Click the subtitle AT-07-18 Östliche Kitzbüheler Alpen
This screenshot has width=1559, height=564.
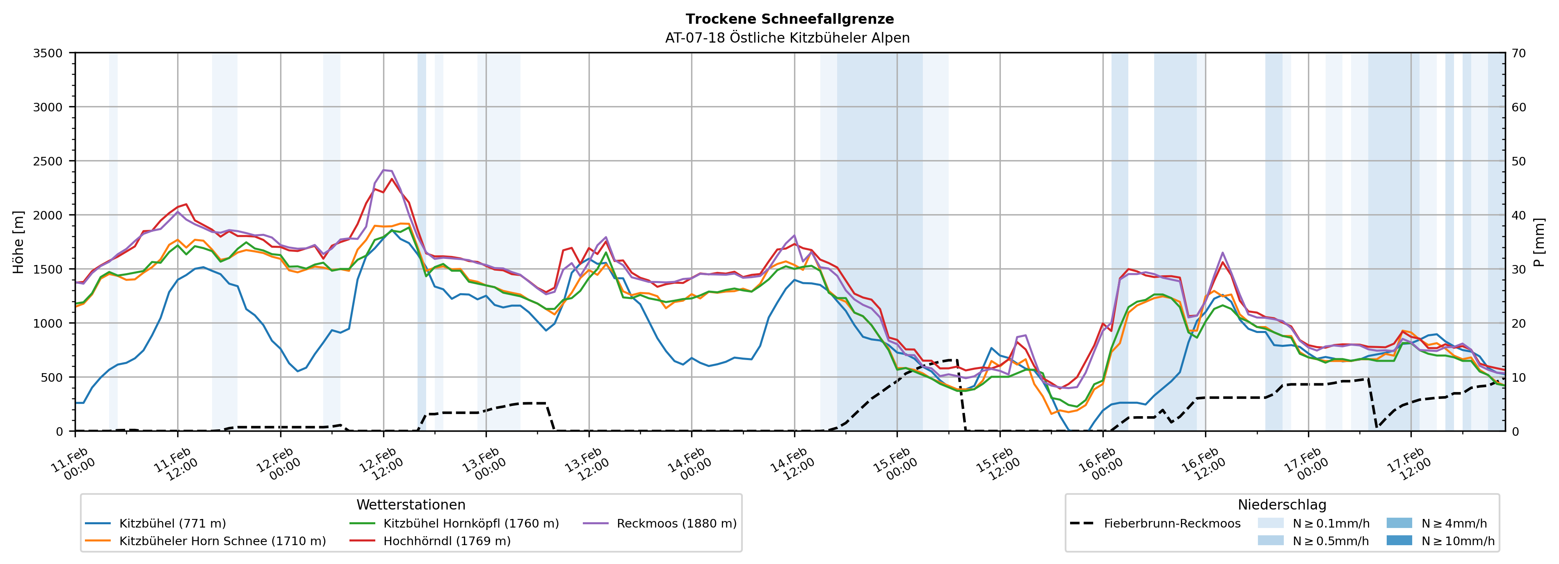click(787, 38)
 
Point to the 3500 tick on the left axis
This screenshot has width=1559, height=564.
click(48, 53)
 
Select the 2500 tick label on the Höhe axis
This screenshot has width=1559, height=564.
click(48, 161)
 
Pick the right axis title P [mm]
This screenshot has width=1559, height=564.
click(1539, 242)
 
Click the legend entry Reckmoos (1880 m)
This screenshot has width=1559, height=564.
click(676, 523)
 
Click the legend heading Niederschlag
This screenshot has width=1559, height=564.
click(1281, 505)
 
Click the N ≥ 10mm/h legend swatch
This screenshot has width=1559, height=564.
click(1399, 540)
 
